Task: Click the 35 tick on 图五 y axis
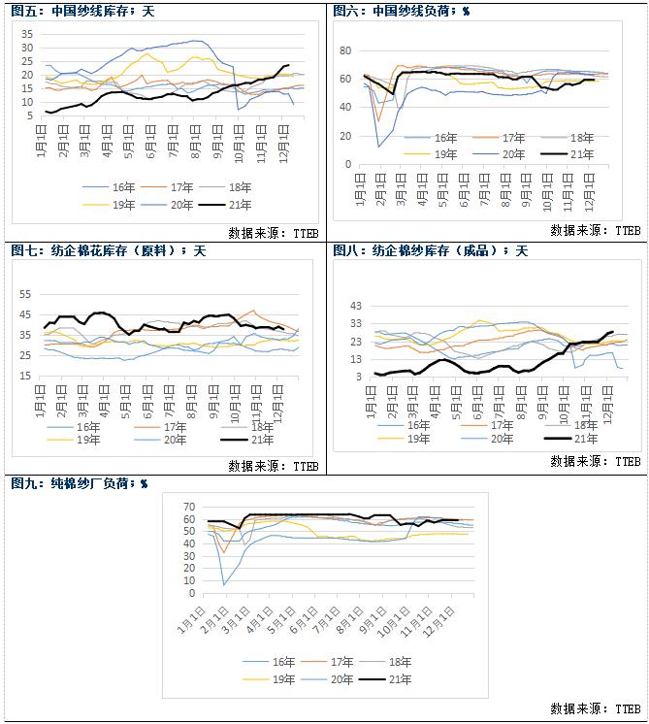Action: (26, 33)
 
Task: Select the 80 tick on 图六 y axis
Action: (343, 49)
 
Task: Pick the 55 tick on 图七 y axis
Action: (26, 293)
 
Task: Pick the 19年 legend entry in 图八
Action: (419, 439)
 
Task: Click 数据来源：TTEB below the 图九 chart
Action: (594, 708)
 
